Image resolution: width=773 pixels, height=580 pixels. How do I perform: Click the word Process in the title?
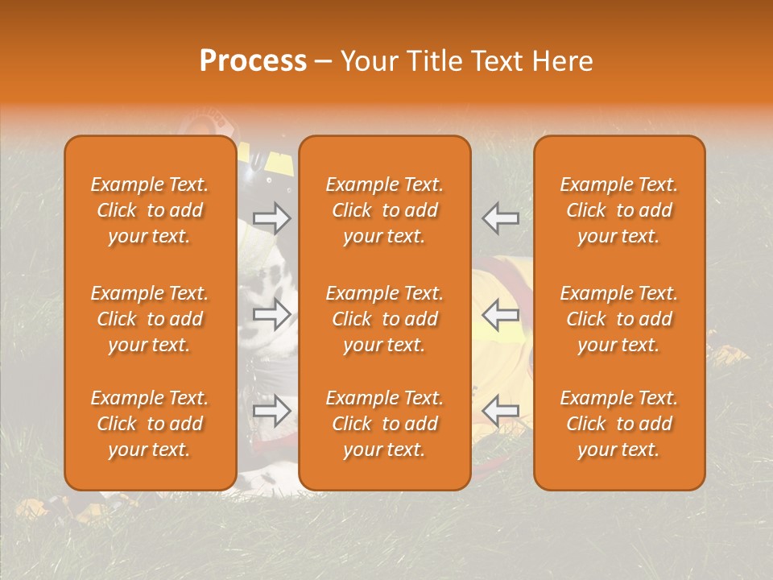(x=253, y=61)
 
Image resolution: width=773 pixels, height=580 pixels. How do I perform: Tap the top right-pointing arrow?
(x=272, y=217)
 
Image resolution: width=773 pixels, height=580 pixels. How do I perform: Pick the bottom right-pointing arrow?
(x=272, y=412)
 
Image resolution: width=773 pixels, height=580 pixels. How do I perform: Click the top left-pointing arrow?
(x=501, y=217)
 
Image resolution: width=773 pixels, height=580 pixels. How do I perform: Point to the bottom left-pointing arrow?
(x=501, y=412)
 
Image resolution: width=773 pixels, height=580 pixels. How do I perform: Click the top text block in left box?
(x=150, y=210)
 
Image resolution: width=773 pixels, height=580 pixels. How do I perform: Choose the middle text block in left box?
(x=150, y=319)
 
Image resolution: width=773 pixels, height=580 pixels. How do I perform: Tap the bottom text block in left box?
(x=150, y=424)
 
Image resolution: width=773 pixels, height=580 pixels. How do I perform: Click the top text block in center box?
(x=385, y=210)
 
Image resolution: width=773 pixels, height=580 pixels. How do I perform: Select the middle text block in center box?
(x=385, y=319)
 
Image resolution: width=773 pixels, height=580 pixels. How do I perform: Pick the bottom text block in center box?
(x=385, y=424)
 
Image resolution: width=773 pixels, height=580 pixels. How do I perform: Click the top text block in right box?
(x=619, y=210)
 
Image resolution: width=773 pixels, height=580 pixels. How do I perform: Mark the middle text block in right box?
(x=619, y=319)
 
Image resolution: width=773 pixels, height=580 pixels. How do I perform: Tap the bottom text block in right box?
(x=619, y=424)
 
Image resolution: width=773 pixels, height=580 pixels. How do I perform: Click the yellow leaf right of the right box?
(x=730, y=355)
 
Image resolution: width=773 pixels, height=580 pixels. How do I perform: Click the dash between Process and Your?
(x=324, y=62)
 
